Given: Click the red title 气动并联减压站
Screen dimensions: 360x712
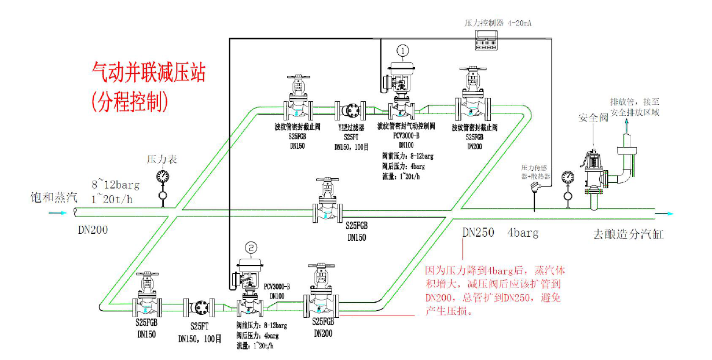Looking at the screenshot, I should [149, 73].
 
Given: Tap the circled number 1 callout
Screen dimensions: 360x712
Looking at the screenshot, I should [403, 50].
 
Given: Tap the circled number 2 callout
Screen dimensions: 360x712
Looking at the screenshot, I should [251, 247].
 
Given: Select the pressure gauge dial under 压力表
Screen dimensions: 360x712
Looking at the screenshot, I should [162, 176].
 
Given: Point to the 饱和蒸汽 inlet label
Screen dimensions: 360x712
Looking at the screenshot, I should [54, 198].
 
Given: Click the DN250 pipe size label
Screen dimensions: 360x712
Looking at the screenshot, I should [478, 233].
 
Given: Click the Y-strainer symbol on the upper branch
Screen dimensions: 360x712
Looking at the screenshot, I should [350, 109].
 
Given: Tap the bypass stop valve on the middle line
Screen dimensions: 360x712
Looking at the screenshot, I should [328, 205].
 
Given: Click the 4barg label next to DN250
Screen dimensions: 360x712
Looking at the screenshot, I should [523, 233].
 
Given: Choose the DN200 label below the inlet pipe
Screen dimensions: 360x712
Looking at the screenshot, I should [93, 230].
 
